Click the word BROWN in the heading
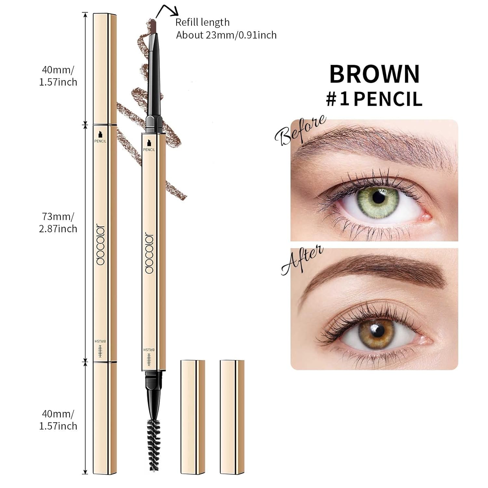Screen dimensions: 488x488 [x=374, y=74]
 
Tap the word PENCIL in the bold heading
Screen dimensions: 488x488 [x=388, y=99]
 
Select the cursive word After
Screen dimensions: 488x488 [x=302, y=260]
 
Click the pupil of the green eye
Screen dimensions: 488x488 [x=378, y=197]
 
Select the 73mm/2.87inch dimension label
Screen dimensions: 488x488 [x=58, y=223]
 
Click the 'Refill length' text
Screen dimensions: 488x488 [x=202, y=22]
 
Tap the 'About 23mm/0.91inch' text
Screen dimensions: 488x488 [x=226, y=35]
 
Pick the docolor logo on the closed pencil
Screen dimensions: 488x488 [x=101, y=244]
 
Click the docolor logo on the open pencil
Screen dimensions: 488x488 [x=149, y=253]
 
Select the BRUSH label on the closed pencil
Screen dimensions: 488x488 [x=101, y=341]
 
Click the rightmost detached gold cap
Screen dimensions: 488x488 [x=232, y=417]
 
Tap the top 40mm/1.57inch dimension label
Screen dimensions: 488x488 [x=58, y=76]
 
